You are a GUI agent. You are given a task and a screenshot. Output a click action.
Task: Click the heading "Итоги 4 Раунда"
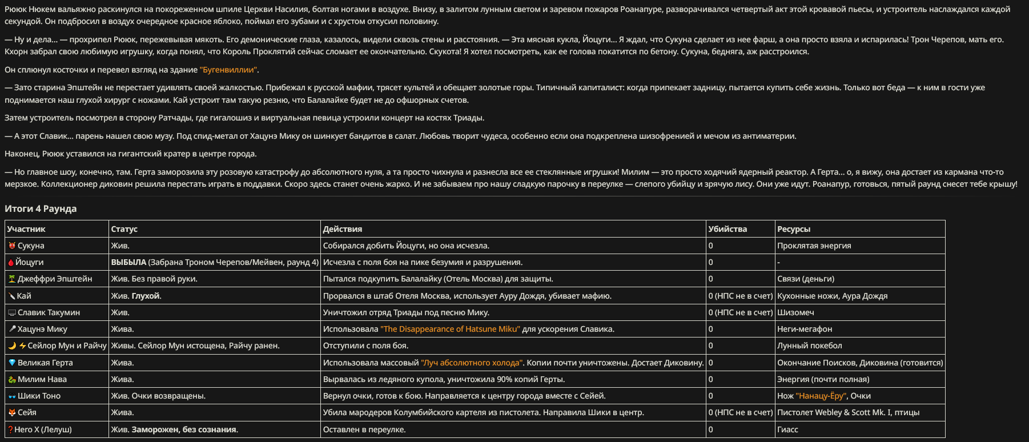point(41,208)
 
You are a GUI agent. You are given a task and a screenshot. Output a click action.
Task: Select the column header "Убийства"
point(727,229)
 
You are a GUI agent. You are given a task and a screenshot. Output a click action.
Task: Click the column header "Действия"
point(343,229)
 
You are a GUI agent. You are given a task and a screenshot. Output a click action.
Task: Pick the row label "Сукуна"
point(31,246)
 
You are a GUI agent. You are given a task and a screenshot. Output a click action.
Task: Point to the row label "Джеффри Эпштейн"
point(55,279)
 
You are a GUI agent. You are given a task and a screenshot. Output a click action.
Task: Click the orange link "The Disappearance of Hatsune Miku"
point(451,329)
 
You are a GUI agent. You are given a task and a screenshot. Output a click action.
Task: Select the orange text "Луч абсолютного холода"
point(472,363)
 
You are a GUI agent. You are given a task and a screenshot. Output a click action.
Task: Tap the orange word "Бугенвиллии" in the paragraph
point(228,70)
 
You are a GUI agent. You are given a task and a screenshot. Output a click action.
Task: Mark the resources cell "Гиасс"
point(787,429)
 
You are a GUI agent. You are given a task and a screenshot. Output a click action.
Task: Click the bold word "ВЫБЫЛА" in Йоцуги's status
point(128,262)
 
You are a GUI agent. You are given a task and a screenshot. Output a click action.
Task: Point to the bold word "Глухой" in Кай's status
point(146,296)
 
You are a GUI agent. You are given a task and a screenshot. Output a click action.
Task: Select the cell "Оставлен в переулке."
point(364,429)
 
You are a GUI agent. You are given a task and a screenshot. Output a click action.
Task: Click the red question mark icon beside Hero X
point(10,429)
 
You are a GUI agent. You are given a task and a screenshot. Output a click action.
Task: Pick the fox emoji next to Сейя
point(11,412)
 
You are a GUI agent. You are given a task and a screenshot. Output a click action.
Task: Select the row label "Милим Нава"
point(42,379)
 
